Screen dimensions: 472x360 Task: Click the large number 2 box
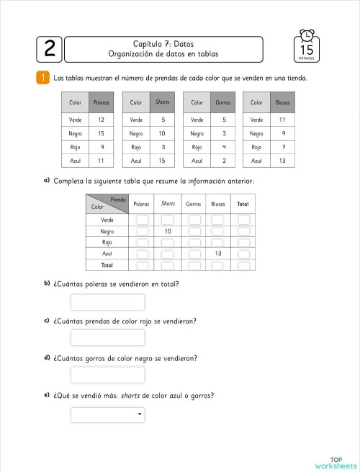coord(49,50)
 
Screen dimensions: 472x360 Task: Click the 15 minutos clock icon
coord(307,45)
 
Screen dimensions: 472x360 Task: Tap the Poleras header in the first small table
coord(102,103)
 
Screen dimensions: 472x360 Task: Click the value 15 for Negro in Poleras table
coord(102,133)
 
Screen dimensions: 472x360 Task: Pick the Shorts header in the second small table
coord(163,103)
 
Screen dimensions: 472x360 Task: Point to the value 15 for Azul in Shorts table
coord(163,161)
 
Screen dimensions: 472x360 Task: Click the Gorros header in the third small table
coord(223,103)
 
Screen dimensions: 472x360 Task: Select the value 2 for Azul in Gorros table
coord(224,161)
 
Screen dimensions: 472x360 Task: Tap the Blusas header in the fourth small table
coord(282,103)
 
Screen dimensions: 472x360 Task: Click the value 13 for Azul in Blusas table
coord(282,161)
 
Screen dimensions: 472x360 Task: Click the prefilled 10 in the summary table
coord(168,231)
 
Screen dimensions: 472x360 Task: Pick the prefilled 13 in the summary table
coord(217,254)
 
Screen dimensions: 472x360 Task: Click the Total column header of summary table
coord(243,204)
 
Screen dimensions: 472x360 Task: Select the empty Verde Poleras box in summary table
coord(143,220)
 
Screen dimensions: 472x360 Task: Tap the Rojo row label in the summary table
coord(107,242)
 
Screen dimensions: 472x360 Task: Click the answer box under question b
coord(107,303)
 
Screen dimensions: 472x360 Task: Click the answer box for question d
coord(107,375)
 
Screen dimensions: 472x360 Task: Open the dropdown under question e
coord(107,414)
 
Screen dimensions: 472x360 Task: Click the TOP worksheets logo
coord(336,461)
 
